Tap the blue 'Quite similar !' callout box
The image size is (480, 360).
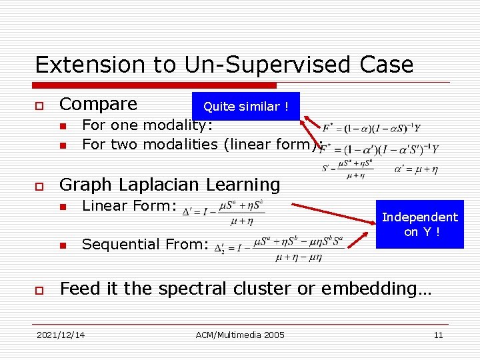pyautogui.click(x=245, y=107)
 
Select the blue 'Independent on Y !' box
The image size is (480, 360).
pyautogui.click(x=419, y=224)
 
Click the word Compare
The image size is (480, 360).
pyautogui.click(x=98, y=105)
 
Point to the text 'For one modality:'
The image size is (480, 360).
pyautogui.click(x=147, y=125)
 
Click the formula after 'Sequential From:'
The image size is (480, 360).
pyautogui.click(x=279, y=247)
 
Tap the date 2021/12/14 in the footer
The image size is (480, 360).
pyautogui.click(x=61, y=335)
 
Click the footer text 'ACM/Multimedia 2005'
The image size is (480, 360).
pyautogui.click(x=240, y=335)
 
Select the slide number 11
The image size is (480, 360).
pyautogui.click(x=438, y=335)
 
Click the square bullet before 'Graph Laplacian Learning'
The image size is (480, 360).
pyautogui.click(x=40, y=185)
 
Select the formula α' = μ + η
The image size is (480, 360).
pyautogui.click(x=415, y=170)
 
